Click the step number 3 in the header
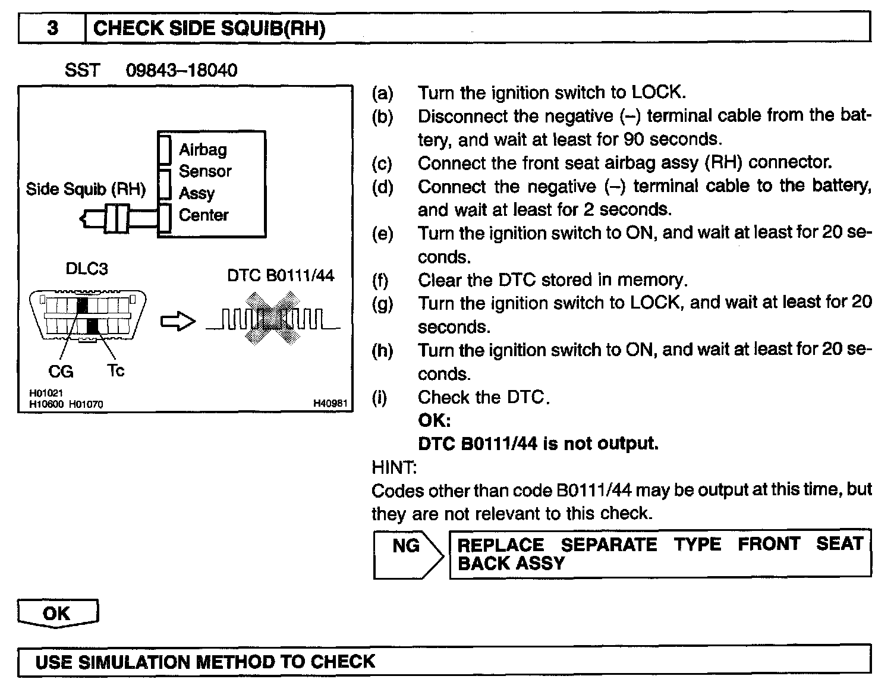pyautogui.click(x=52, y=28)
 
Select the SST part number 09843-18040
pyautogui.click(x=181, y=70)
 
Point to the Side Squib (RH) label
pyautogui.click(x=86, y=189)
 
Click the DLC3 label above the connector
pyautogui.click(x=87, y=269)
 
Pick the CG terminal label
pyautogui.click(x=61, y=372)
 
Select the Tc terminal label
pyautogui.click(x=116, y=370)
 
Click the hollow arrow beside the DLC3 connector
pyautogui.click(x=178, y=322)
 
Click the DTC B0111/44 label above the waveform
pyautogui.click(x=281, y=275)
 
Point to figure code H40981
pyautogui.click(x=330, y=404)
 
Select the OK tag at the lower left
pyautogui.click(x=57, y=613)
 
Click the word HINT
pyautogui.click(x=394, y=467)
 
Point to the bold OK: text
pyautogui.click(x=435, y=420)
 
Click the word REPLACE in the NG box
pyautogui.click(x=500, y=545)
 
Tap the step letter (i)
pyautogui.click(x=379, y=397)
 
